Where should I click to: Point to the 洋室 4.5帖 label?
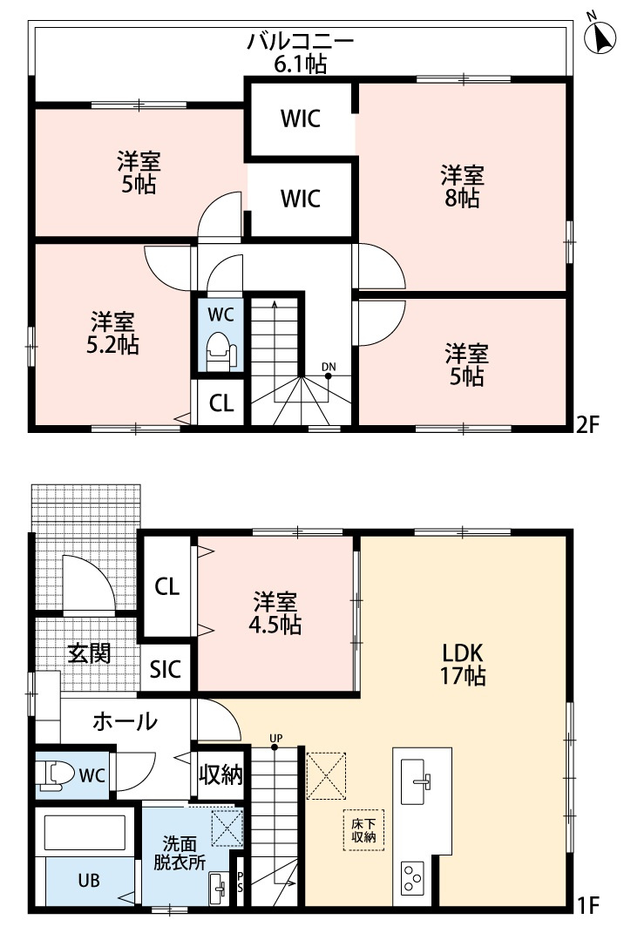click(x=276, y=613)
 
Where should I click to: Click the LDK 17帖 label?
click(x=463, y=664)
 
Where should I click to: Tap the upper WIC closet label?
click(x=300, y=118)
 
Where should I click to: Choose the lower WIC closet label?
click(x=300, y=199)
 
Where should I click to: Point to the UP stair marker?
click(x=275, y=742)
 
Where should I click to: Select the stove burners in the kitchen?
click(x=413, y=875)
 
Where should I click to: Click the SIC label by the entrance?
click(x=165, y=669)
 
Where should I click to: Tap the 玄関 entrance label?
click(x=89, y=652)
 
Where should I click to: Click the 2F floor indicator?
click(x=588, y=426)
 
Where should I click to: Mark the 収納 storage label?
click(x=220, y=774)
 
